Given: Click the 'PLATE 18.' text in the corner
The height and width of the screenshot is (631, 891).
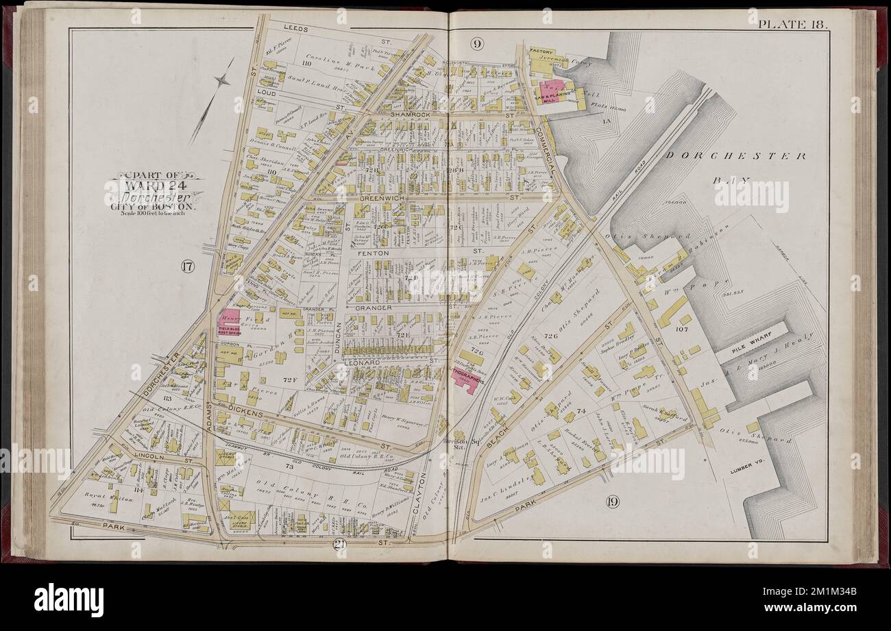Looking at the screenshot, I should point(792,24).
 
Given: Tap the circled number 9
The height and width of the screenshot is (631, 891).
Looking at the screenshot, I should point(478,45).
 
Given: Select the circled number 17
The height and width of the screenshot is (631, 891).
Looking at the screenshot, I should point(186,267).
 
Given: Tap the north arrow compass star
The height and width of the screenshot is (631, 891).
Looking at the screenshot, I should point(221,82).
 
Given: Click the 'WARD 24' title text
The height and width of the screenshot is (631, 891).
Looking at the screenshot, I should point(154,184).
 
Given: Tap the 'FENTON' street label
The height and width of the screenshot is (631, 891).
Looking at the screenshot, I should point(374,253).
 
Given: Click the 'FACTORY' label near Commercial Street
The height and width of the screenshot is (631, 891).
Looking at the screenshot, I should point(541,51).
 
